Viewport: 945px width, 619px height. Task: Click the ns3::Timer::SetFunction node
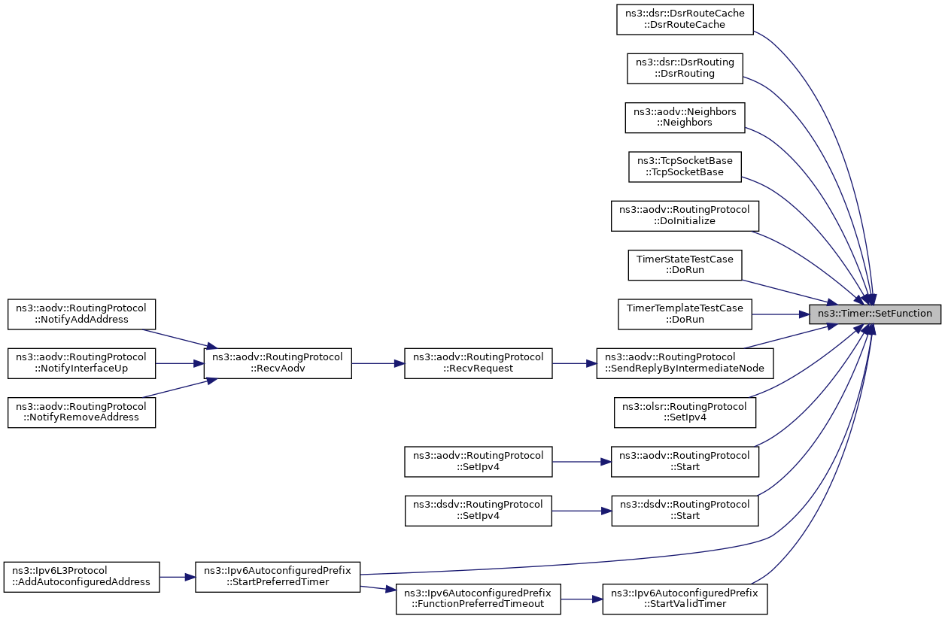pyautogui.click(x=874, y=314)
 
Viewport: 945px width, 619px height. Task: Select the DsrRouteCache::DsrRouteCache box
pyautogui.click(x=685, y=20)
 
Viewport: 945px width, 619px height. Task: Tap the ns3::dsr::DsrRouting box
pyautogui.click(x=685, y=68)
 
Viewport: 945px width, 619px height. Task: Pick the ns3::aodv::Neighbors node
pyautogui.click(x=685, y=117)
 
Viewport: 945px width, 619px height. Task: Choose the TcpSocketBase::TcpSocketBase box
pyautogui.click(x=685, y=167)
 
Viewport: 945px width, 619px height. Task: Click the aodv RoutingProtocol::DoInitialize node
pyautogui.click(x=685, y=216)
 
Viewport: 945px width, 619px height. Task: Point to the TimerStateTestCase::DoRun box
pyautogui.click(x=685, y=266)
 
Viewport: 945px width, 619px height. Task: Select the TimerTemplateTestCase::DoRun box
pyautogui.click(x=685, y=314)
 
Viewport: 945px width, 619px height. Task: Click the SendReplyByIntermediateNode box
pyautogui.click(x=685, y=363)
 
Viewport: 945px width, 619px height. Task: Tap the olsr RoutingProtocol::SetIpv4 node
pyautogui.click(x=685, y=412)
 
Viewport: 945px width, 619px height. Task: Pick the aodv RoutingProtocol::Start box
pyautogui.click(x=685, y=462)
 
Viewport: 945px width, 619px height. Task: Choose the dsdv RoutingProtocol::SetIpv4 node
pyautogui.click(x=478, y=511)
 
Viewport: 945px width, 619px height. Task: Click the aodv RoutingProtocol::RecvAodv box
pyautogui.click(x=278, y=363)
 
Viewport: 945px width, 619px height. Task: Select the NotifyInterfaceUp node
pyautogui.click(x=81, y=363)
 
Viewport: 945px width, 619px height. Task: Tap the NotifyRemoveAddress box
pyautogui.click(x=81, y=412)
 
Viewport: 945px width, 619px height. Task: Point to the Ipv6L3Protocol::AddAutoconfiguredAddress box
pyautogui.click(x=81, y=577)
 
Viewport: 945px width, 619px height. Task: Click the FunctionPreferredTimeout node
pyautogui.click(x=478, y=599)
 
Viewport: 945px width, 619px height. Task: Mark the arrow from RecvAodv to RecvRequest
pyautogui.click(x=378, y=363)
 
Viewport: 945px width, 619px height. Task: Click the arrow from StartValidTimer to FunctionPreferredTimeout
pyautogui.click(x=582, y=599)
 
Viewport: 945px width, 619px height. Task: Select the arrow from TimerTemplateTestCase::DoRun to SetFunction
pyautogui.click(x=780, y=314)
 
